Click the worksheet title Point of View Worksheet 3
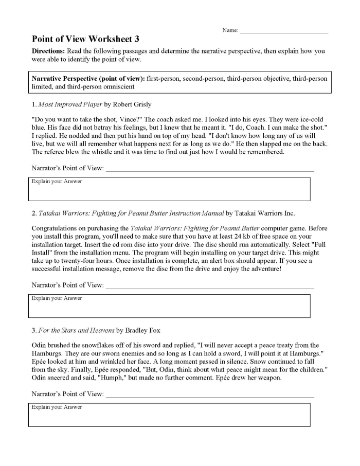point(85,39)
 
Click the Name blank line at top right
point(283,32)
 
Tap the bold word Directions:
point(48,51)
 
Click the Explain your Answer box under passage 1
point(169,189)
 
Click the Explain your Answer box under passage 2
point(169,306)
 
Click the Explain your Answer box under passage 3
point(169,415)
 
